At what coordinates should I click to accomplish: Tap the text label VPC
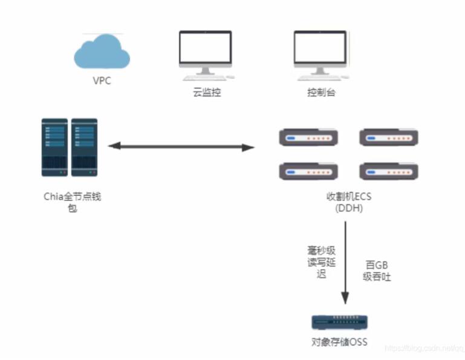(102, 80)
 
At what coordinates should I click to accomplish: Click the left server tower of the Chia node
(54, 147)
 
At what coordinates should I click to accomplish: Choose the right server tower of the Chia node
(84, 147)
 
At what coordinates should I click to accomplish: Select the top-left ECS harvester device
(307, 139)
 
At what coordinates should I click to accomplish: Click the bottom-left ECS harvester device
(307, 172)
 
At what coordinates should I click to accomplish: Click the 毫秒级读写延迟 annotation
(320, 261)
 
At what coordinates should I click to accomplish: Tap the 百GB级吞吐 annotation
(376, 270)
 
